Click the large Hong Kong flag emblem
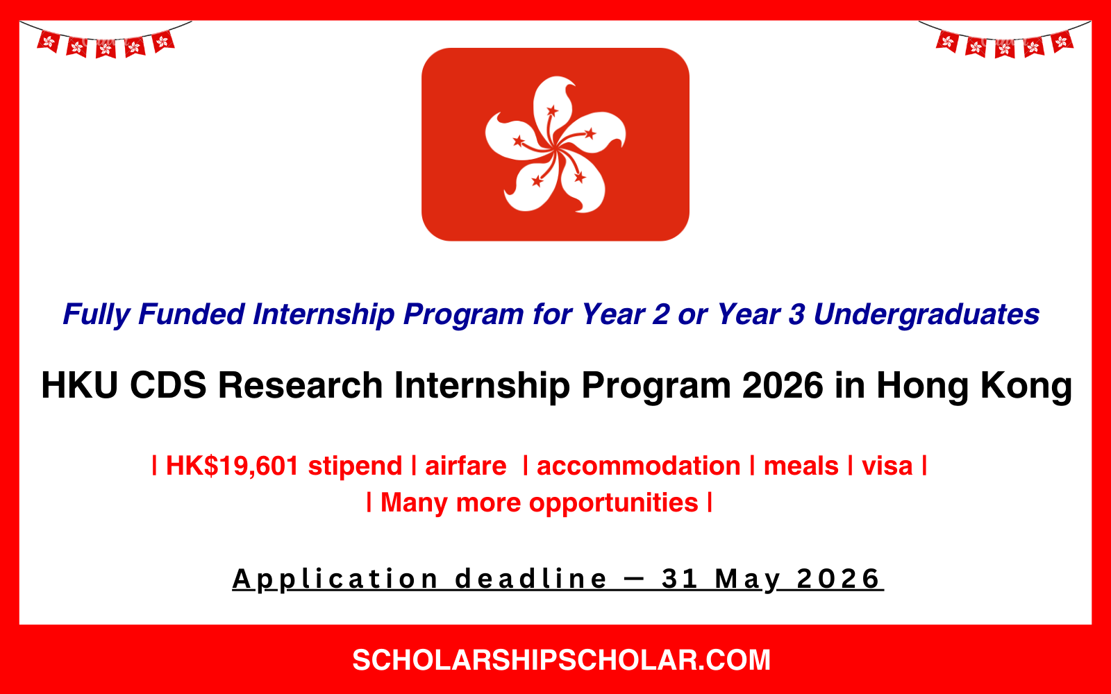(x=555, y=144)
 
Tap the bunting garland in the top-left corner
(x=106, y=42)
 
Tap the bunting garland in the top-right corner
(x=1004, y=42)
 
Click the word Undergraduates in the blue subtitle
(x=926, y=314)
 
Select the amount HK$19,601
(x=232, y=466)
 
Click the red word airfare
(x=465, y=466)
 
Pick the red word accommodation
(x=638, y=466)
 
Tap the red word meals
(x=801, y=466)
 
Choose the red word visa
(x=887, y=466)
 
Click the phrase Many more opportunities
(x=539, y=502)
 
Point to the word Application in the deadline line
(x=335, y=579)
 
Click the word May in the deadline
(x=747, y=579)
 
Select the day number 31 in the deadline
(x=679, y=579)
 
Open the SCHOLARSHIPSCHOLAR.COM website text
(x=561, y=660)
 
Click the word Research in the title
(x=300, y=385)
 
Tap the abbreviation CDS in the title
(x=168, y=385)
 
